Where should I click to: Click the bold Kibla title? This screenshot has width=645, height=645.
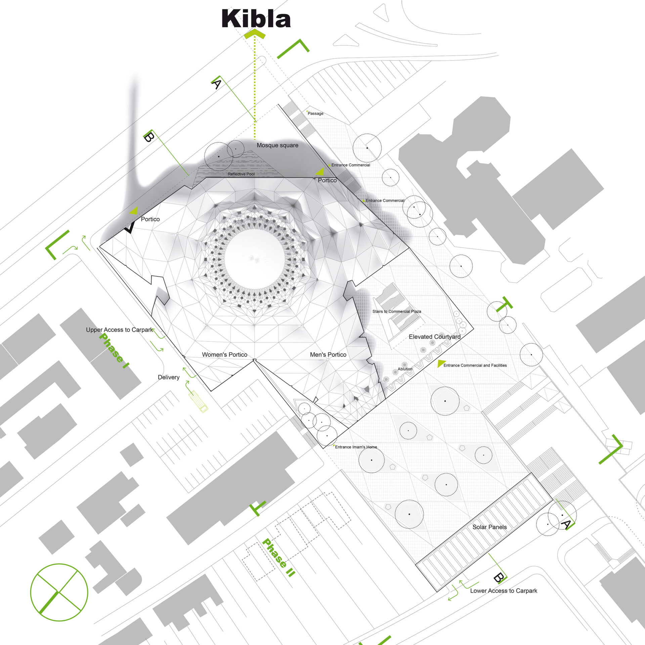[x=256, y=19]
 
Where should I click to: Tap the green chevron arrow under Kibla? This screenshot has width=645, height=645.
[x=255, y=34]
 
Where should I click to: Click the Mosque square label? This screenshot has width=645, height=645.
[x=277, y=145]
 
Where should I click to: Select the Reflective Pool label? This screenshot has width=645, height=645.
[x=241, y=174]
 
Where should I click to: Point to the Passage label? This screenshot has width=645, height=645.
[x=315, y=114]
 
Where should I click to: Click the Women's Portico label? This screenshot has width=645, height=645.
[x=224, y=354]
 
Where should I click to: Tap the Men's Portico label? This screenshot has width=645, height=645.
[x=328, y=354]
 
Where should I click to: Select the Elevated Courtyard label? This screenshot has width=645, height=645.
[x=434, y=337]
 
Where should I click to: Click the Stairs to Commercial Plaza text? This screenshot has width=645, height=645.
[x=396, y=311]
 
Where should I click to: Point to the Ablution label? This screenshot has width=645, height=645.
[x=405, y=369]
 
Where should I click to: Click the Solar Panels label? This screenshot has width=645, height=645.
[x=489, y=527]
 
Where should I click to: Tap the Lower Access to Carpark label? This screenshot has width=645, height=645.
[x=503, y=591]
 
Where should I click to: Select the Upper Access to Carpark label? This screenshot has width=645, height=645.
[x=119, y=330]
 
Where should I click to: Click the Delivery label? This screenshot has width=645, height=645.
[x=169, y=377]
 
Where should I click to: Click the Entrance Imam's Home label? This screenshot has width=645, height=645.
[x=356, y=447]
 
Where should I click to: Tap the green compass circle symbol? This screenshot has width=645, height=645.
[x=59, y=592]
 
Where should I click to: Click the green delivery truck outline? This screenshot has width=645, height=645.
[x=198, y=401]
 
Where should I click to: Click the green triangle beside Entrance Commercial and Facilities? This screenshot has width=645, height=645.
[x=440, y=363]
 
